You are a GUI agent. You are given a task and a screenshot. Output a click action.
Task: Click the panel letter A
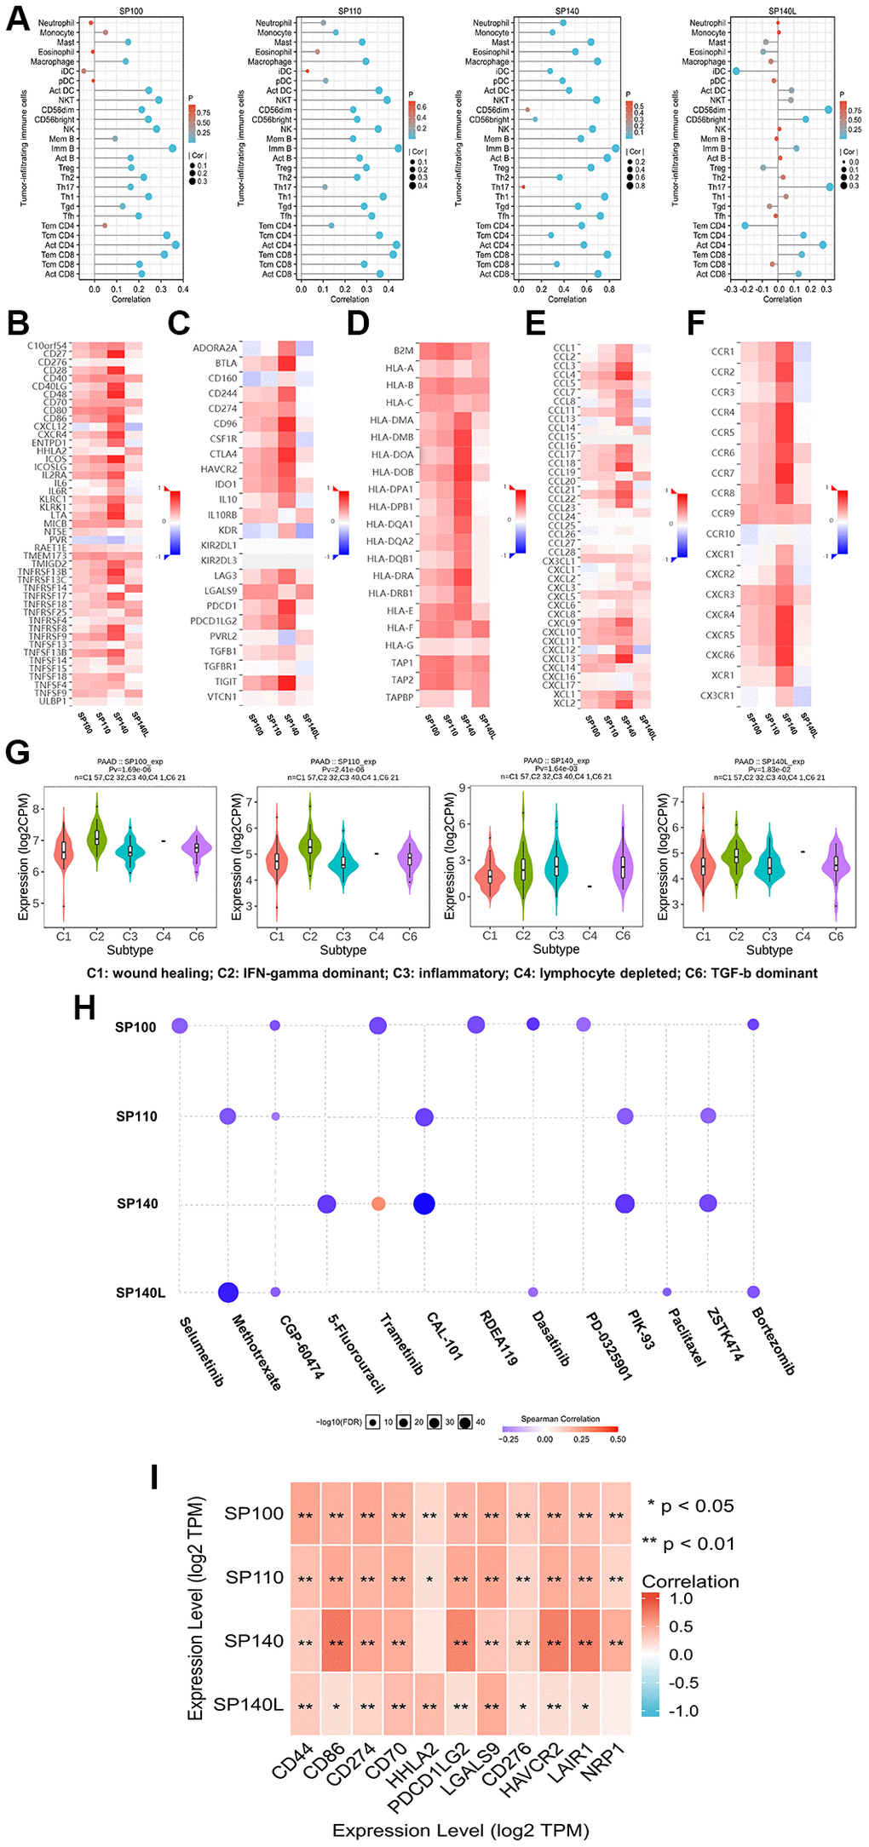coord(18,19)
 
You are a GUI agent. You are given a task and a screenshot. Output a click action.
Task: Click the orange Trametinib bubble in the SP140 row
coord(378,1203)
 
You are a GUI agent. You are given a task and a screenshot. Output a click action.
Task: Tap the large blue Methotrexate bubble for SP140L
coord(228,1292)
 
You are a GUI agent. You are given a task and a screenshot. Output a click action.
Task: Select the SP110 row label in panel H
coord(136,1116)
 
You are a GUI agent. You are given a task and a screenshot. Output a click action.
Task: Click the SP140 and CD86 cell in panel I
coord(337,1641)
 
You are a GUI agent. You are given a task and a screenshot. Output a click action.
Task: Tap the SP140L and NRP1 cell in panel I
coord(616,1704)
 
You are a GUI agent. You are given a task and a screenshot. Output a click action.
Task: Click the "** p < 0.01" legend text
coord(688,1544)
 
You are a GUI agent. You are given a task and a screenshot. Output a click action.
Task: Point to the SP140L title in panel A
coord(781,11)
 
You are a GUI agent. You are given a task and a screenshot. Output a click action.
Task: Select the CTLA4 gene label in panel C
coord(223,454)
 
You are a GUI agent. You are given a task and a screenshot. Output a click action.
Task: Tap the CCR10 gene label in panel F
coord(720,534)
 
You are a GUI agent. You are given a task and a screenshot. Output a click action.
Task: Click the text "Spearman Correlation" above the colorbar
coord(560,1419)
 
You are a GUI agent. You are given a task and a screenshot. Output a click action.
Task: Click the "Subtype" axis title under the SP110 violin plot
coord(342,950)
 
